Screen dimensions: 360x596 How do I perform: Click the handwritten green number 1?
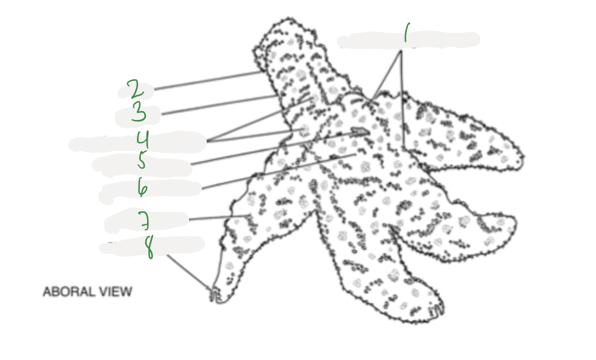(x=407, y=33)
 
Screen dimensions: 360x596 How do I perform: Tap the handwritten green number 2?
(x=135, y=89)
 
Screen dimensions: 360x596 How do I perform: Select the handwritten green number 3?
(x=139, y=112)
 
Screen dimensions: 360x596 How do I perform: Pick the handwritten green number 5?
(x=141, y=160)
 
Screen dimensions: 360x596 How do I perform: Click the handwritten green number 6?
(x=142, y=187)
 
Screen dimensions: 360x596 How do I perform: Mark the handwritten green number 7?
(x=144, y=219)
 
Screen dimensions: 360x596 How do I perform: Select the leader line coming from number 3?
(x=218, y=104)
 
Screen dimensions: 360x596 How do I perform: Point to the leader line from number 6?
(x=279, y=172)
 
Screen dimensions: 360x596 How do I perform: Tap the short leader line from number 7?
(x=218, y=218)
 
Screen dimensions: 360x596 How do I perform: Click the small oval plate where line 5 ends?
(x=360, y=131)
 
